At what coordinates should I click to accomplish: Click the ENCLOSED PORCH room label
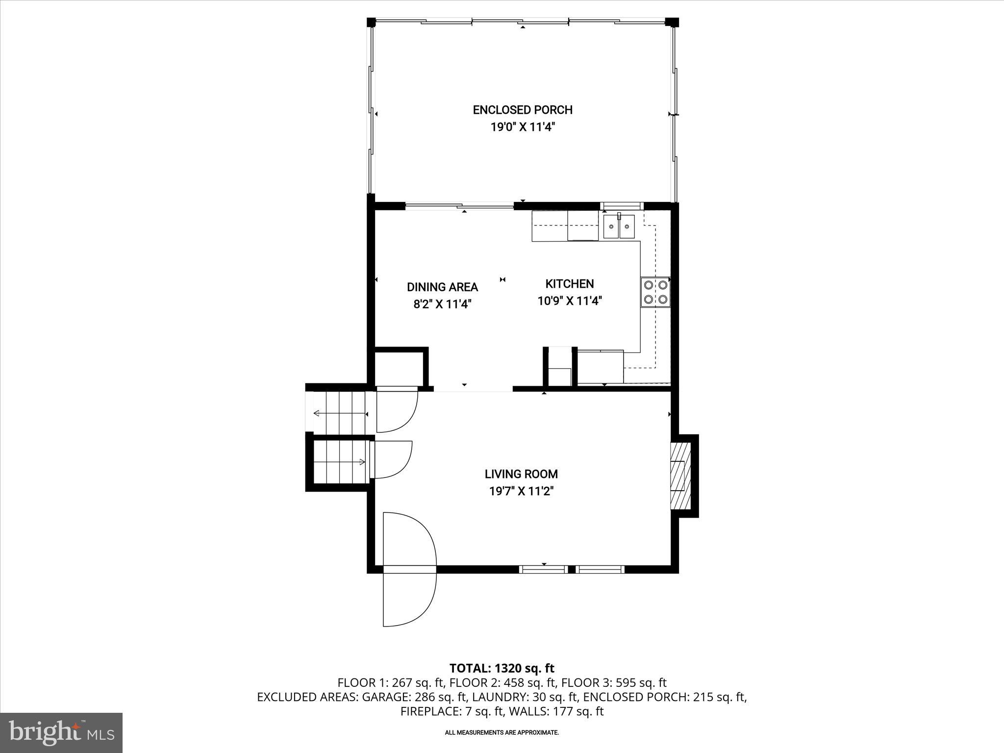pyautogui.click(x=523, y=110)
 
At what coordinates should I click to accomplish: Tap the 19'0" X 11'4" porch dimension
pyautogui.click(x=523, y=127)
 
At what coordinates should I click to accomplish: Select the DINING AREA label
pyautogui.click(x=442, y=287)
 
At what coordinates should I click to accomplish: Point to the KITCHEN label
pyautogui.click(x=569, y=284)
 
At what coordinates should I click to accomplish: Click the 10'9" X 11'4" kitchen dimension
pyautogui.click(x=569, y=301)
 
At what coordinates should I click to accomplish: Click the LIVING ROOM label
pyautogui.click(x=521, y=474)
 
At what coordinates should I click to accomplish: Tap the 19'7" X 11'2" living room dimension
pyautogui.click(x=521, y=491)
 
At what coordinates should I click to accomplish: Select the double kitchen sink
pyautogui.click(x=619, y=226)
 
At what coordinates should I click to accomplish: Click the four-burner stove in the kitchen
pyautogui.click(x=655, y=292)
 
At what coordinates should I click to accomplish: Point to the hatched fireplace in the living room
pyautogui.click(x=681, y=476)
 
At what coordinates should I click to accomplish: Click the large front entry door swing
pyautogui.click(x=409, y=569)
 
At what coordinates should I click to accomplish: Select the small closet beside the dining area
pyautogui.click(x=399, y=369)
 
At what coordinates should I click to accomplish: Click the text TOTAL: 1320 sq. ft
pyautogui.click(x=502, y=668)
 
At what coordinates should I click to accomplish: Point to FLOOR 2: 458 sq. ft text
pyautogui.click(x=502, y=682)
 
